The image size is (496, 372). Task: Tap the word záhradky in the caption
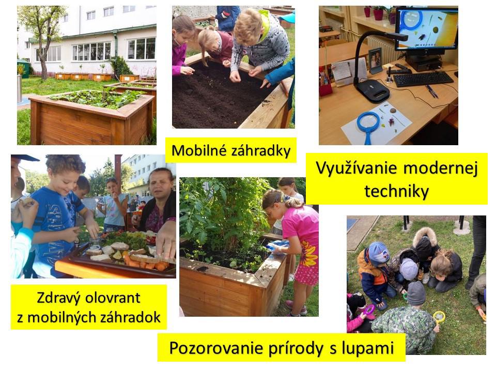coord(260,151)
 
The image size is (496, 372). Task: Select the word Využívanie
coord(357,168)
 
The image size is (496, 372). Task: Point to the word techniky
coord(397,191)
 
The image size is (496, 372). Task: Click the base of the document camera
coord(371,90)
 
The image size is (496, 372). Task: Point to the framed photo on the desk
coord(376,60)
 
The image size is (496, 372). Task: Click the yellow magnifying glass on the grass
coord(439,317)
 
